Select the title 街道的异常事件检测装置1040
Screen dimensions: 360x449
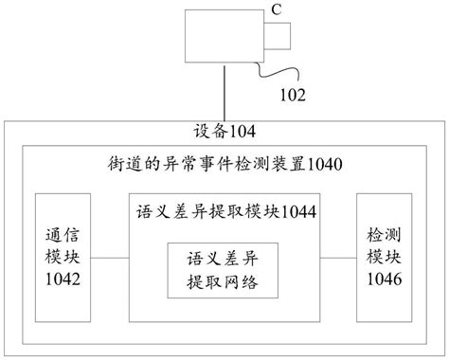pyautogui.click(x=224, y=164)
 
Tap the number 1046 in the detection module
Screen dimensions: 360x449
pyautogui.click(x=386, y=279)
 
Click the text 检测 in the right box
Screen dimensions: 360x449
pyautogui.click(x=386, y=233)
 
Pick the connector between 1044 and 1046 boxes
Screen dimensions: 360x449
pyautogui.click(x=337, y=257)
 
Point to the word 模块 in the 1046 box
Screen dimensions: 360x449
pyautogui.click(x=386, y=256)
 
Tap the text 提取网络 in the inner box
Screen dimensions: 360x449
pyautogui.click(x=224, y=282)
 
